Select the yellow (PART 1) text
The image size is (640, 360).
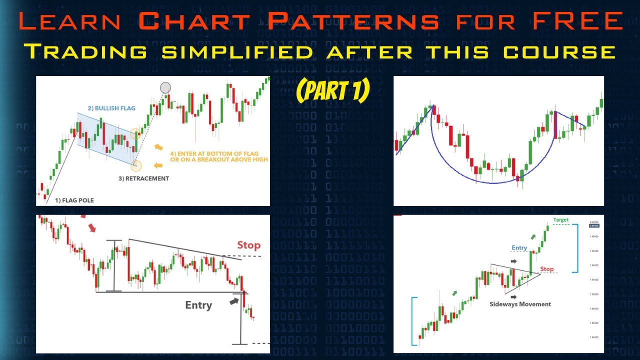(332, 90)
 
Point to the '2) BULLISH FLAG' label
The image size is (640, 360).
(112, 108)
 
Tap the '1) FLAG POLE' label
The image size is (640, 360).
(74, 200)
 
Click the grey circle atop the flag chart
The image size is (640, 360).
(165, 88)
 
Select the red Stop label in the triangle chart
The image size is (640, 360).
(248, 245)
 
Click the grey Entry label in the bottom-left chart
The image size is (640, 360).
(198, 305)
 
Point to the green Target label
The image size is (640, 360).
(560, 220)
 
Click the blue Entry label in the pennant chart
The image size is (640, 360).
(519, 248)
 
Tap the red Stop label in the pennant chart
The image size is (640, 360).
(547, 269)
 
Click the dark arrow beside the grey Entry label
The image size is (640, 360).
(233, 301)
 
